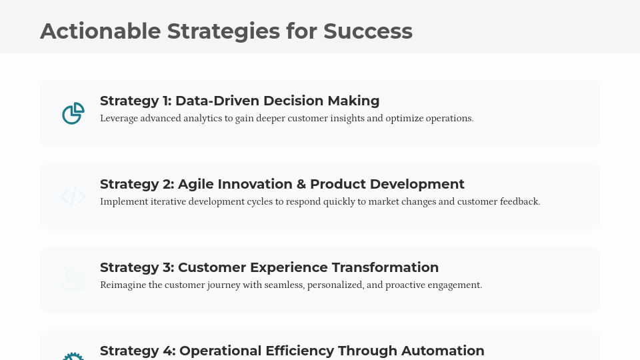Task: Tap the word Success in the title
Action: tap(367, 31)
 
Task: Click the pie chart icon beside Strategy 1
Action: tap(73, 113)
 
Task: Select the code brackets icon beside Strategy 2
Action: tap(73, 197)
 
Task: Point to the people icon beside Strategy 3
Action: tap(73, 280)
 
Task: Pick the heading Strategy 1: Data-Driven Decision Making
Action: tap(239, 101)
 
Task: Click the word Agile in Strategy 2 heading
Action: tap(197, 184)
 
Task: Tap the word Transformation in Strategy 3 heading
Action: tap(385, 267)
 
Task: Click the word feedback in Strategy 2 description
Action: tap(519, 202)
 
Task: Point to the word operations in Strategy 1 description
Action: tap(448, 119)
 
